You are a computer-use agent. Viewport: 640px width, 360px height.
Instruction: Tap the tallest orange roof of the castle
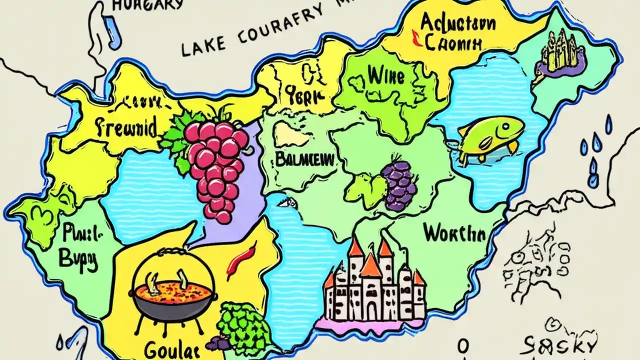tap(370, 265)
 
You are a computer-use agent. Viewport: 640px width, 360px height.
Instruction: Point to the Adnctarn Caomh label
tap(450, 32)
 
